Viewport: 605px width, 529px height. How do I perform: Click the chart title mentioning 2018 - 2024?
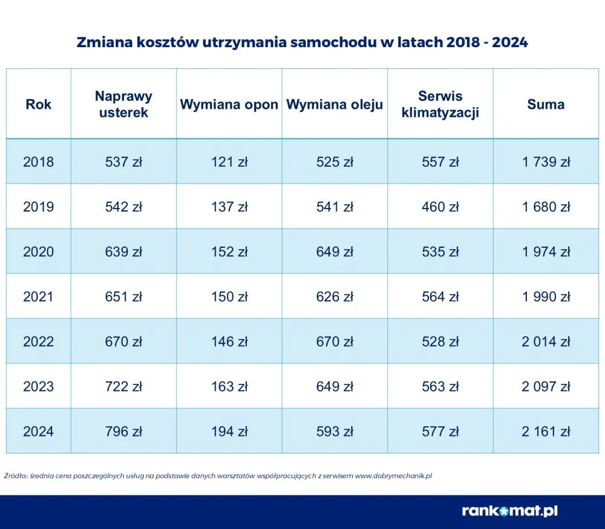click(302, 43)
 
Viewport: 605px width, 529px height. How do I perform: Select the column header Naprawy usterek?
click(123, 104)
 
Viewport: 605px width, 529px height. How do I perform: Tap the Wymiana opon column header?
click(229, 105)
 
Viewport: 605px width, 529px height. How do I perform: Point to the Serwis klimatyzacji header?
click(440, 104)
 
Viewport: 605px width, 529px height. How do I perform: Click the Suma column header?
click(546, 105)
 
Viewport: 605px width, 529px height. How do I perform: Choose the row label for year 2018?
click(39, 162)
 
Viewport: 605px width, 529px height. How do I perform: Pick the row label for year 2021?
click(39, 297)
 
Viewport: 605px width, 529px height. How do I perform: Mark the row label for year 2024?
click(39, 432)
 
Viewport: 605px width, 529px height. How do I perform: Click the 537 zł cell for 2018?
click(123, 162)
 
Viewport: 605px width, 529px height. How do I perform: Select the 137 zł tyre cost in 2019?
click(229, 207)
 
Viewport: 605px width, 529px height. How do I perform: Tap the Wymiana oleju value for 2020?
click(335, 252)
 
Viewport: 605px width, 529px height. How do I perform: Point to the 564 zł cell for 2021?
click(440, 297)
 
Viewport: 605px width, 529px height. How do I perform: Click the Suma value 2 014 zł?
click(546, 342)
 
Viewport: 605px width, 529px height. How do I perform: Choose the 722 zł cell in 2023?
click(123, 386)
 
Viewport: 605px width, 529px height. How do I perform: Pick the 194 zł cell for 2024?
click(229, 432)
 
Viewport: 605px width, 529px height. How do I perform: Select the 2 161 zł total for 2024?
click(546, 432)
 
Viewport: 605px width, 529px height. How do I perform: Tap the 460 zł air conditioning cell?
click(440, 207)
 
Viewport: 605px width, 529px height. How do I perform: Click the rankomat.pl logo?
click(509, 511)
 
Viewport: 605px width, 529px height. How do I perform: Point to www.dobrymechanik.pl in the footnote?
click(393, 476)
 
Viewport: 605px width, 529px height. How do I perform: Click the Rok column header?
click(39, 105)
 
